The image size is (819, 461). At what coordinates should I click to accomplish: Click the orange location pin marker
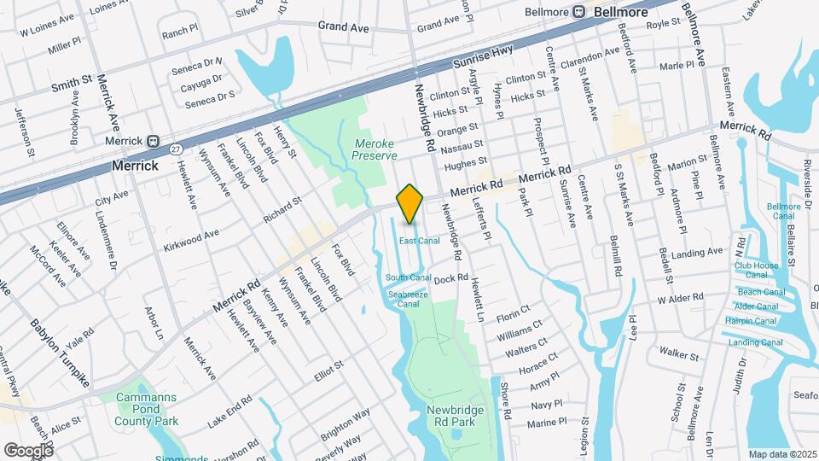[410, 203]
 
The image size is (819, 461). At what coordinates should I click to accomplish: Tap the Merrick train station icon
[154, 141]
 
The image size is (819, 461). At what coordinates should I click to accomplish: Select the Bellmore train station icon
[578, 11]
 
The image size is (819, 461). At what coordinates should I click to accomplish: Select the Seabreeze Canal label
[409, 299]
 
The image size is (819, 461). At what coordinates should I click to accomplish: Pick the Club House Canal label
[757, 270]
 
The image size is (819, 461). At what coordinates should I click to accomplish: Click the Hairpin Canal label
[751, 321]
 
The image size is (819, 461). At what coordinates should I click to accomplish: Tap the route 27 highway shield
[176, 148]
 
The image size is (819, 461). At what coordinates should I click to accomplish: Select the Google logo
[28, 449]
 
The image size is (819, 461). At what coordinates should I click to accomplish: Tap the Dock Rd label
[451, 278]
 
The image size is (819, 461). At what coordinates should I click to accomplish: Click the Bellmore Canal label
[783, 211]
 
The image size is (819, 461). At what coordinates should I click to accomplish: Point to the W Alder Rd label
[680, 299]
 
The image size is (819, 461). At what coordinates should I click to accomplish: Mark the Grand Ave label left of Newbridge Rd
[343, 27]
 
